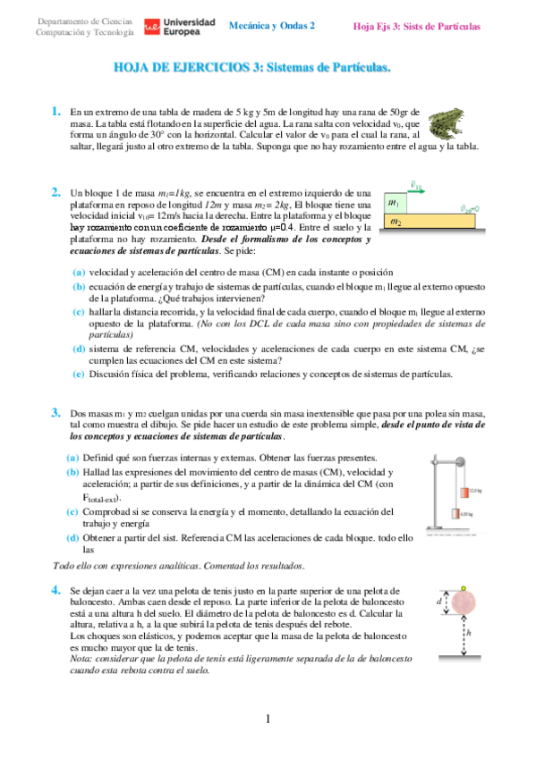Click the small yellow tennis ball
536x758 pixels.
[x=462, y=589]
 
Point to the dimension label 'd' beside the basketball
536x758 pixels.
[x=440, y=602]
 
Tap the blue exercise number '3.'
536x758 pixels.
[x=56, y=412]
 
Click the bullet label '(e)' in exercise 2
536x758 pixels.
[x=79, y=374]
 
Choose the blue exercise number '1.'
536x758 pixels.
[x=56, y=112]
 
